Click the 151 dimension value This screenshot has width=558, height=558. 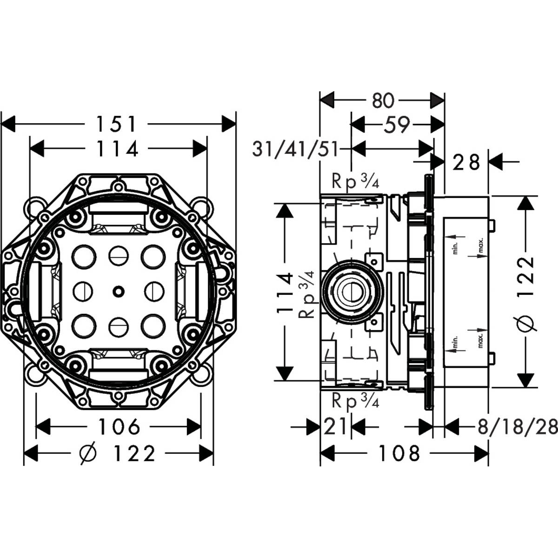116,124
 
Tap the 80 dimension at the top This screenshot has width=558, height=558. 383,100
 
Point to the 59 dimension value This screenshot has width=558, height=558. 397,125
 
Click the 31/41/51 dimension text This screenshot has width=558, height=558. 295,149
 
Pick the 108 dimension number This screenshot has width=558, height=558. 399,453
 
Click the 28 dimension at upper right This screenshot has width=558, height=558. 466,162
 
